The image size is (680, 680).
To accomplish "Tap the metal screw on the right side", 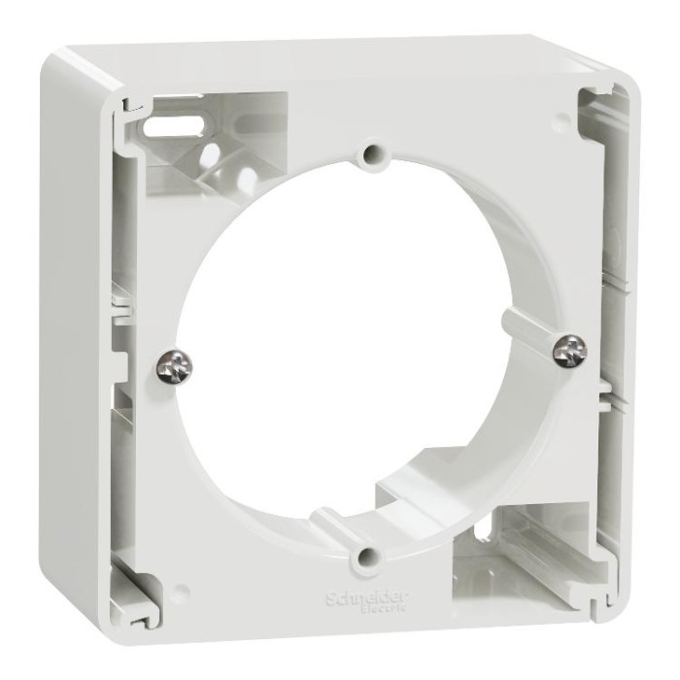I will pyautogui.click(x=570, y=350).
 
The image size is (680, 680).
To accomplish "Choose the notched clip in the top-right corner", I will pyautogui.click(x=595, y=103).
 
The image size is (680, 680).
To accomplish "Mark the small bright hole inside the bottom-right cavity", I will pyautogui.click(x=483, y=530).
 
